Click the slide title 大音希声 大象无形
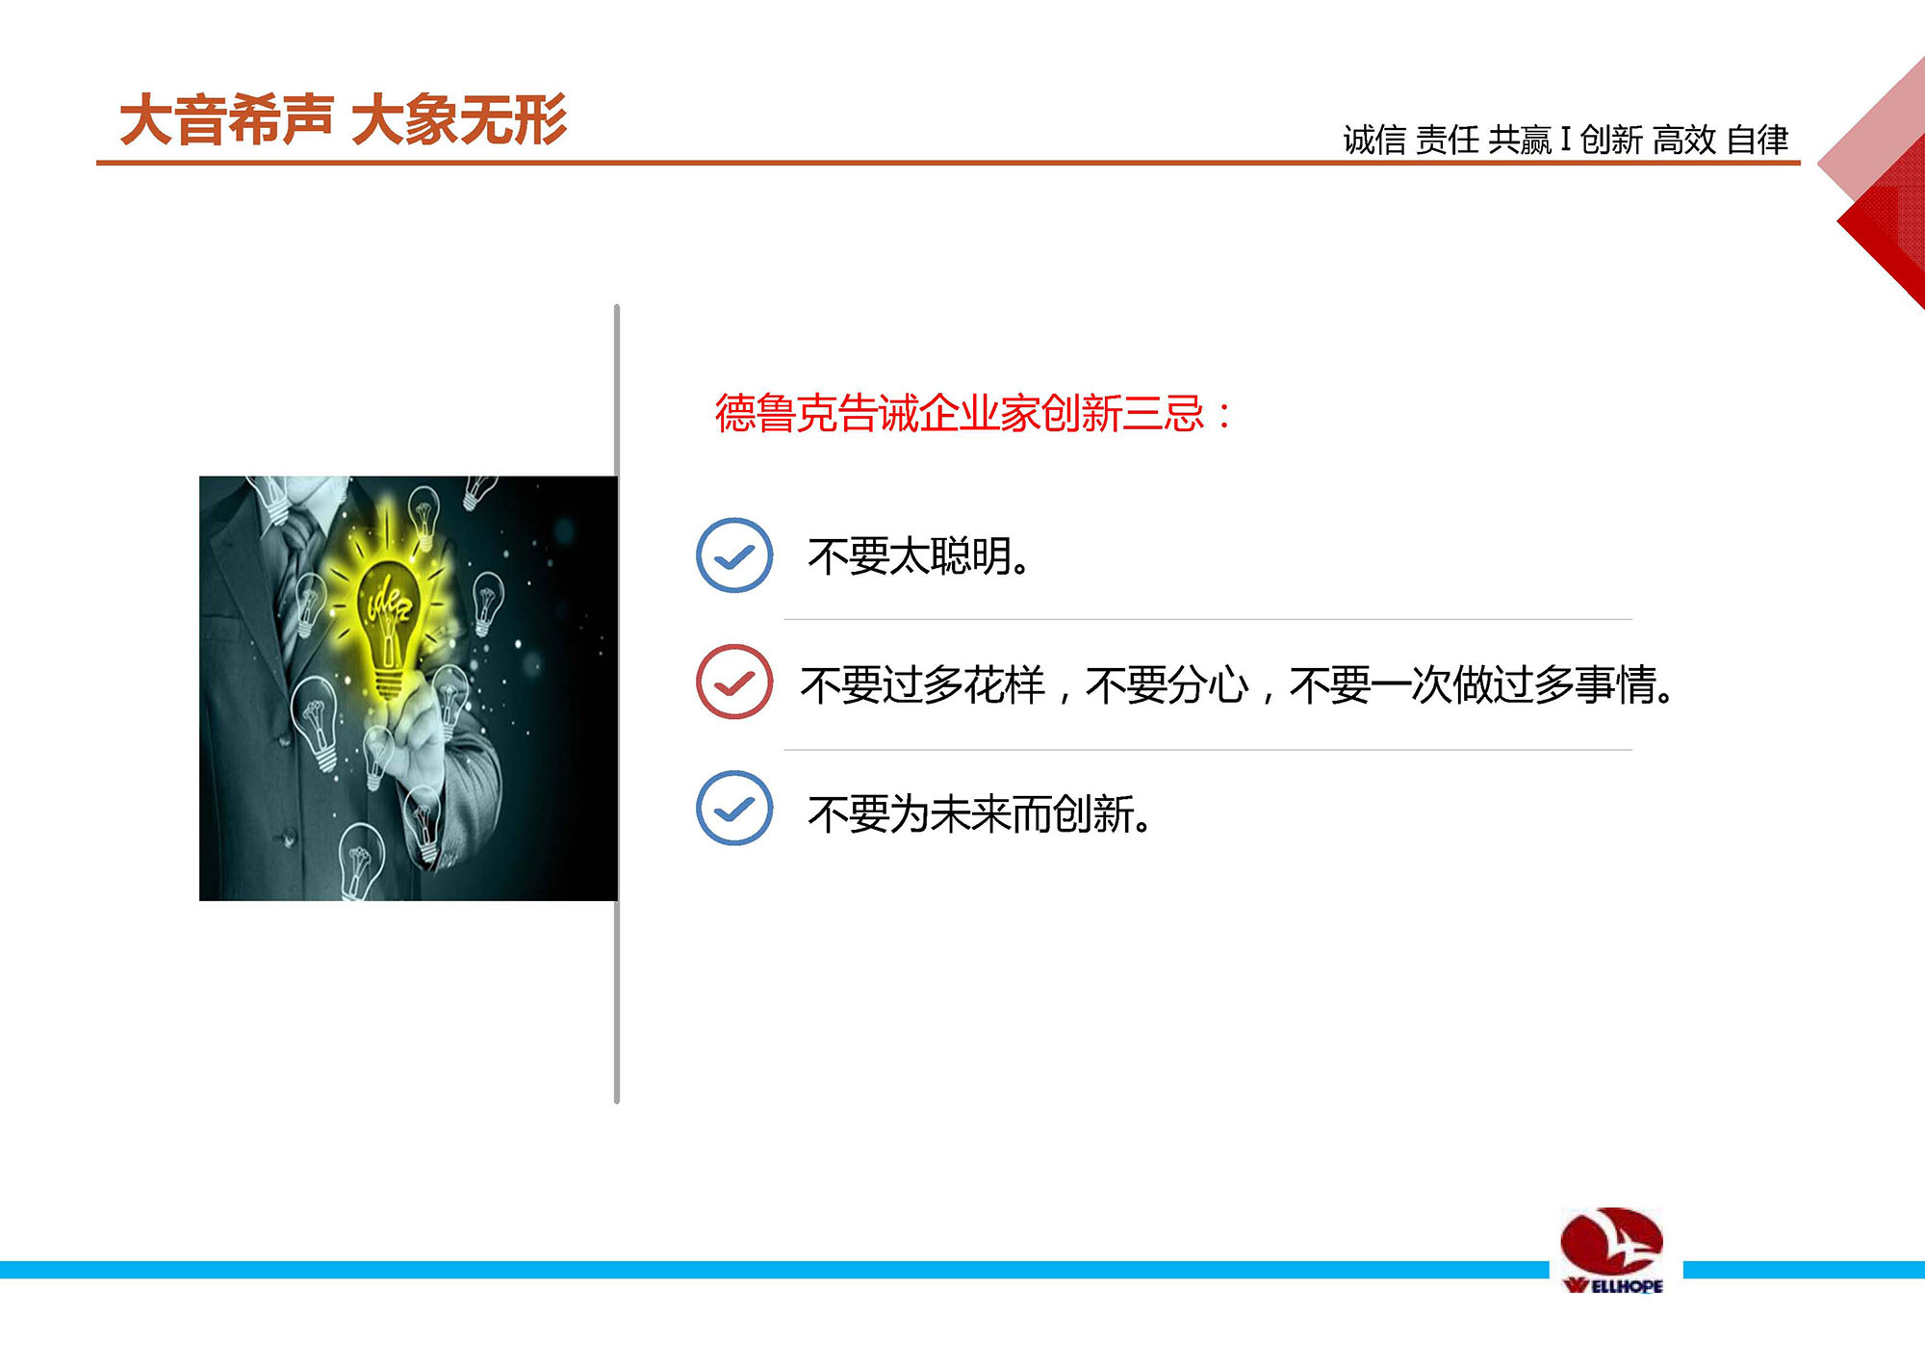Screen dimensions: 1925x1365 coord(344,120)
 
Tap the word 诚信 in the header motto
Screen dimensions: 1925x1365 coord(1374,141)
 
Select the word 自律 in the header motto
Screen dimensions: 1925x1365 coord(1758,141)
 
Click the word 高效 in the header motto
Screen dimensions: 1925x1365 coord(1684,141)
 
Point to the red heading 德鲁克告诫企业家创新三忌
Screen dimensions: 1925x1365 coord(973,414)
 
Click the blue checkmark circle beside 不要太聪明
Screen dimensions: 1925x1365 coord(734,555)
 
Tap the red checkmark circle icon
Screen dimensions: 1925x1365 coord(734,682)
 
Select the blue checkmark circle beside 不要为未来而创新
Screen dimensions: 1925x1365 coord(734,808)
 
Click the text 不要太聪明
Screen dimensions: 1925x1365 coord(918,556)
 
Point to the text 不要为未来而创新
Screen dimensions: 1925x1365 coord(979,814)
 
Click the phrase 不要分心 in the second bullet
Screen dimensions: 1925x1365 coord(1167,685)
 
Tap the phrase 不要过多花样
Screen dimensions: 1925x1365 coord(922,685)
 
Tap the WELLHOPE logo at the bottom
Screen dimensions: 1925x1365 coord(1612,1250)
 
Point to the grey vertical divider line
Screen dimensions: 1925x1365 coord(617,704)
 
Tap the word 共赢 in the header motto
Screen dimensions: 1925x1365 coord(1520,141)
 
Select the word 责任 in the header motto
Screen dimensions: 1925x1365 coord(1448,141)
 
